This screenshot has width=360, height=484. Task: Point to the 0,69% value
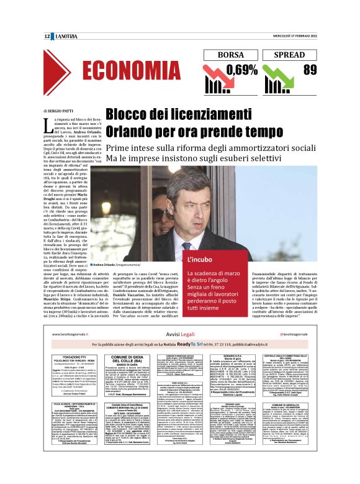pos(236,69)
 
